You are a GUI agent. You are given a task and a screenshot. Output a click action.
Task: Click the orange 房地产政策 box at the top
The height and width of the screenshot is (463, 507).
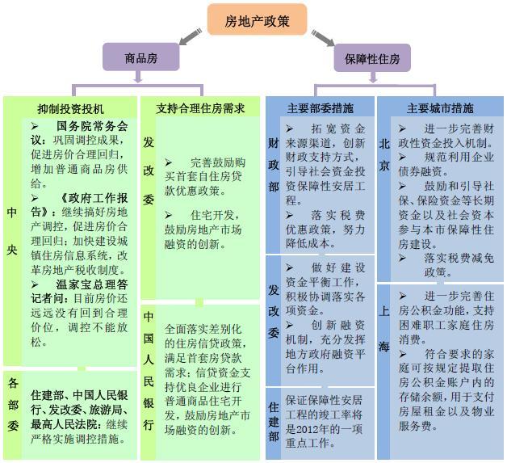pos(257,19)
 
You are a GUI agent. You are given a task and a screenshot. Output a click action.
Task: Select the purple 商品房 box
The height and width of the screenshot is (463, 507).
pos(141,57)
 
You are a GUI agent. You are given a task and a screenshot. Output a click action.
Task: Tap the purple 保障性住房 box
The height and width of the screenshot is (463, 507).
pos(372,58)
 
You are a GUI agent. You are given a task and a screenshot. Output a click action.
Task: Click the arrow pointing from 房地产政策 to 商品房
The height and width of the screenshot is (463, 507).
pos(191,36)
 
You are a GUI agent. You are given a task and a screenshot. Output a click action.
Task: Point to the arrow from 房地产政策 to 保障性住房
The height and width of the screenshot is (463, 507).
pos(323,38)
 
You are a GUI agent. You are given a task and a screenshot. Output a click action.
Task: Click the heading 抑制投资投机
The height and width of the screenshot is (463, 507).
pos(70,109)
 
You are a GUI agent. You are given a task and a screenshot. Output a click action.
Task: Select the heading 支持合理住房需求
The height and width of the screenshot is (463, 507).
pos(200,108)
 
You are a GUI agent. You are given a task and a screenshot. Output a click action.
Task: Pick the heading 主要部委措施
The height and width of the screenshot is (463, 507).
pos(321,108)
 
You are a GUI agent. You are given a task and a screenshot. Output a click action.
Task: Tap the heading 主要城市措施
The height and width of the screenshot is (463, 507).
pos(440,108)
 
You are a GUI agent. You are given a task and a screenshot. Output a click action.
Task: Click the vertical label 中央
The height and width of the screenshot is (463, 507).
pos(12,231)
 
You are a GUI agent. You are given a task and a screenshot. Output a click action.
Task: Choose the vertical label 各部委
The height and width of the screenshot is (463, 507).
pos(13,405)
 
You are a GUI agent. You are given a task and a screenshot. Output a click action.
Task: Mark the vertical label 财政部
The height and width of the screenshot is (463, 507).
pos(273,165)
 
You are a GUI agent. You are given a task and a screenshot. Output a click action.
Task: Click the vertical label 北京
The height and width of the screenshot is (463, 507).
pos(383,154)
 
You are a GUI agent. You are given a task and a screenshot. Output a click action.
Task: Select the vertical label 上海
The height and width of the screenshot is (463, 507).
pos(383,329)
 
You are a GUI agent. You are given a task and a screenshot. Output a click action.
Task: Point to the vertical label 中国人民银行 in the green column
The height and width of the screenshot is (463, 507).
pos(149,371)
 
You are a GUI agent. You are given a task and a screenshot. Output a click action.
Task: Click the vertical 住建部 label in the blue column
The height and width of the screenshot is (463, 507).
pos(274,422)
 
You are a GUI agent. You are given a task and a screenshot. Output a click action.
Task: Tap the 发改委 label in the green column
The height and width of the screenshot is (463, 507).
pos(149,170)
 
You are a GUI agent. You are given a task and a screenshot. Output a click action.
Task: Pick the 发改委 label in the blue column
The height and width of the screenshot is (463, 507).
pos(274,311)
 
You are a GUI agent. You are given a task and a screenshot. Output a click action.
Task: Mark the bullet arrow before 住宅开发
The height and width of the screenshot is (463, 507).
pos(169,215)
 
